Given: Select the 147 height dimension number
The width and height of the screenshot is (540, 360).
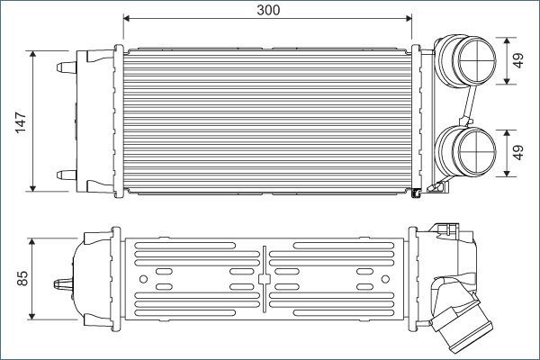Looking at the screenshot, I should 21,121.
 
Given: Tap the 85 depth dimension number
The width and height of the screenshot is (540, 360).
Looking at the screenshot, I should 21,279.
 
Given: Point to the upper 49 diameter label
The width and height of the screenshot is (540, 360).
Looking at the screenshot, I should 518,61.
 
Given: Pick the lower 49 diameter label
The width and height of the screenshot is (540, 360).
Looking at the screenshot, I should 518,153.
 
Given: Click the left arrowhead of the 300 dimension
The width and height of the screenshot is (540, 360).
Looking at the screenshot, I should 127,17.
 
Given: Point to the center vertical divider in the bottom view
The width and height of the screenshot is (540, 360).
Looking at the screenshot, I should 265,279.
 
